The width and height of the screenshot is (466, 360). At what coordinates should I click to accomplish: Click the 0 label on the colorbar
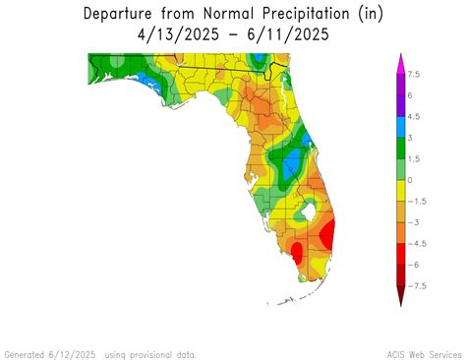tap(410, 180)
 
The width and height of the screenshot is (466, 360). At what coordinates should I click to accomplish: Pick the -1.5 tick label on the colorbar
tap(417, 201)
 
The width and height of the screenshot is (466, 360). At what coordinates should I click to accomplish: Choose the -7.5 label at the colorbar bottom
tap(417, 286)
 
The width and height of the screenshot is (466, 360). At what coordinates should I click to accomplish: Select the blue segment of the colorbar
tap(400, 127)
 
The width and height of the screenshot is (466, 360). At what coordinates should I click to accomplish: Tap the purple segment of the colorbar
tap(400, 95)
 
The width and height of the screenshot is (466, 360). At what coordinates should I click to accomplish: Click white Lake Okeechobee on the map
tap(312, 209)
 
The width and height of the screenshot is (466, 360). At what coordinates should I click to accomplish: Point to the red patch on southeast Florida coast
tap(327, 235)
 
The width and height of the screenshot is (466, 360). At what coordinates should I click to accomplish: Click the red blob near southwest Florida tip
tap(297, 253)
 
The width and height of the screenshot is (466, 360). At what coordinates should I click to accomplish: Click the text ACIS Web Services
tap(424, 353)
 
